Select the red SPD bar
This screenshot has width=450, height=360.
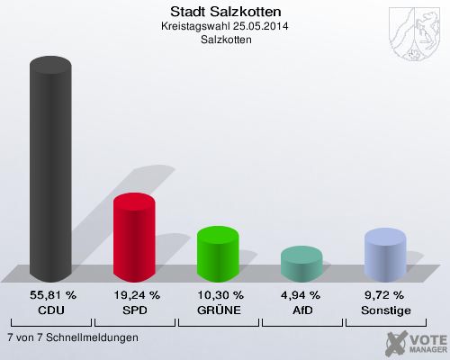(x=134, y=237)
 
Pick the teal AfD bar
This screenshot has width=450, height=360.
(x=301, y=263)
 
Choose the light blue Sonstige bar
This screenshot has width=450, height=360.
(x=385, y=254)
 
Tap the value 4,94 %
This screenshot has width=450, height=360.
(x=302, y=295)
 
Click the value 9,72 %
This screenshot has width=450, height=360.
(x=385, y=295)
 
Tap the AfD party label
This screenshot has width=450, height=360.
(x=302, y=310)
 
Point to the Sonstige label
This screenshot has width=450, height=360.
(x=385, y=310)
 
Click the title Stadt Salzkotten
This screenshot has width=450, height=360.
(x=225, y=12)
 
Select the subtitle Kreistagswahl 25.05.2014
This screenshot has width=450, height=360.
(x=225, y=26)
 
